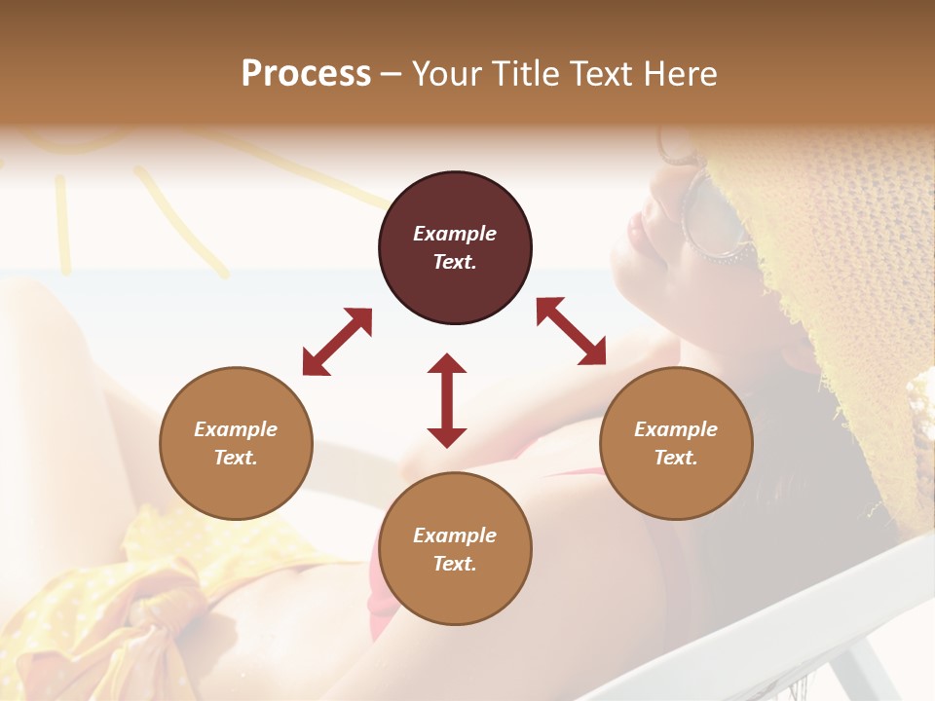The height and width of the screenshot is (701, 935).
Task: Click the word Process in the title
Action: coord(306,74)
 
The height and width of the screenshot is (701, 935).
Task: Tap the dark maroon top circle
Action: coord(455,248)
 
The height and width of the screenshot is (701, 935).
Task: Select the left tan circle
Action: coord(236,444)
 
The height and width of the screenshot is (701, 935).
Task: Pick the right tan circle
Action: coord(676,444)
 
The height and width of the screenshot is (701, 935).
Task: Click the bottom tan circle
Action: coord(455,549)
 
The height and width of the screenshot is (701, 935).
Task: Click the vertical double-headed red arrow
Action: coord(447,400)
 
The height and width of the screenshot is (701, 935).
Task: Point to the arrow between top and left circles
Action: coord(337,342)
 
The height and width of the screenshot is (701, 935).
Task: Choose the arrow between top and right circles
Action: coord(571,332)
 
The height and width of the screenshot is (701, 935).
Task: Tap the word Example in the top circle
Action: coord(455,234)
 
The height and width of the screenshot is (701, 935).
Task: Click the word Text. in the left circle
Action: coord(236,458)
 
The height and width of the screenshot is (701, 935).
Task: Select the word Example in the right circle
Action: coord(676,429)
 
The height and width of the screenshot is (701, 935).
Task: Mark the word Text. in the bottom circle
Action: coord(455,564)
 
